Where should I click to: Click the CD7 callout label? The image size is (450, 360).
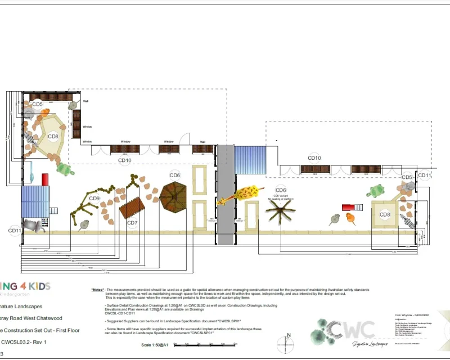132,223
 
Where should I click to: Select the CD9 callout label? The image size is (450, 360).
94,198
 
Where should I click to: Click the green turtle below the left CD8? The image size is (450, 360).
66,169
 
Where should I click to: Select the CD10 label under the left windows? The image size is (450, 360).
125,160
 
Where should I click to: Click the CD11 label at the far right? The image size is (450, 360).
425,175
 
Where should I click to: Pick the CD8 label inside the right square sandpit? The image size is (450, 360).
385,214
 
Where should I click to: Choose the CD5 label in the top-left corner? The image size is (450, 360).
37,105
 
